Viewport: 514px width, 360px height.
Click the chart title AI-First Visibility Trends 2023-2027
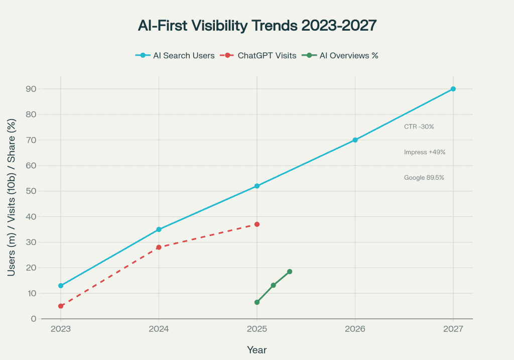pyautogui.click(x=256, y=26)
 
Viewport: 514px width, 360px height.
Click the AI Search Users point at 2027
pyautogui.click(x=453, y=89)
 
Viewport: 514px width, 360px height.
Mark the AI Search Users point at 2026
pyautogui.click(x=355, y=140)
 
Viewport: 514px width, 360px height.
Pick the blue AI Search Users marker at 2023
pyautogui.click(x=61, y=286)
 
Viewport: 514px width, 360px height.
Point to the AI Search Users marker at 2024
pyautogui.click(x=159, y=229)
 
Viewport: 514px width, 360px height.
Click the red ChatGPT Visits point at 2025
pyautogui.click(x=257, y=224)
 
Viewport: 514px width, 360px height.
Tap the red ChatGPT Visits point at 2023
pyautogui.click(x=61, y=306)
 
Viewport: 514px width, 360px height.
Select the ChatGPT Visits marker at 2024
pyautogui.click(x=159, y=247)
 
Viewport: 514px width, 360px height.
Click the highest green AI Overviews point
pyautogui.click(x=290, y=272)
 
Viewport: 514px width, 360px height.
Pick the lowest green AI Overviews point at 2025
pyautogui.click(x=257, y=302)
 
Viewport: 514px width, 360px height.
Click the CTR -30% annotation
pyautogui.click(x=419, y=127)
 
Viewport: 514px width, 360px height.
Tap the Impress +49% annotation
pyautogui.click(x=425, y=152)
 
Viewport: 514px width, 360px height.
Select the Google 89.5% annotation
pyautogui.click(x=424, y=178)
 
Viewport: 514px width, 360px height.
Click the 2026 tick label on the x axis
pyautogui.click(x=355, y=330)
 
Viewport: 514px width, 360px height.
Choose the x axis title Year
pyautogui.click(x=256, y=349)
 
